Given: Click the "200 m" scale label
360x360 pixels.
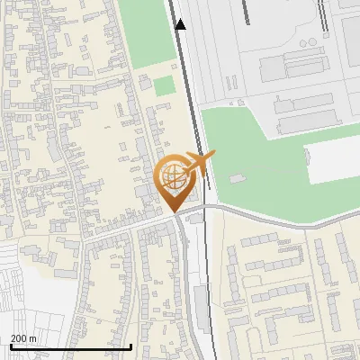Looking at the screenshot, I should (x=23, y=337).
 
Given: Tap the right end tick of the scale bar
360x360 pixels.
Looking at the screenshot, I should (x=131, y=345).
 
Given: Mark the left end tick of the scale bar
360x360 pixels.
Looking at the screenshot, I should (x=10, y=345).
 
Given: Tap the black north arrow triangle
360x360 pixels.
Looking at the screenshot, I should (x=181, y=24).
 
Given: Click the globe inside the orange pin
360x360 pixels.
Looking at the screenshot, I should (x=172, y=174).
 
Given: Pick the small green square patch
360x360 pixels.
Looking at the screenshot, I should (x=163, y=86).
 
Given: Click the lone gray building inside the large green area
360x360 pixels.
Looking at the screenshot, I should (x=237, y=178).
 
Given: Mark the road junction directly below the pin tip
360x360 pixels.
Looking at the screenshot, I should (x=177, y=216).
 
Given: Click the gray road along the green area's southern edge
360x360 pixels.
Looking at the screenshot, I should (x=270, y=216).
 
